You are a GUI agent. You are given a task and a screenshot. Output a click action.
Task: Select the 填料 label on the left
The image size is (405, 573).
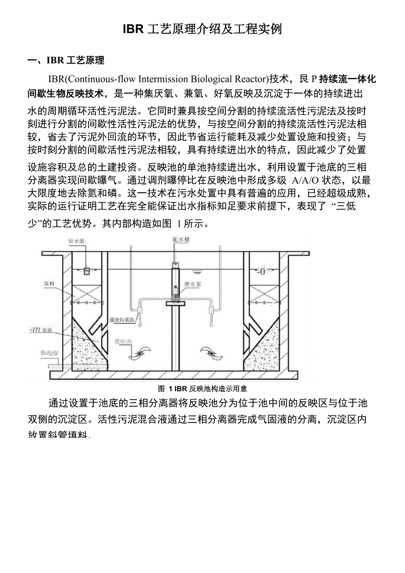pyautogui.click(x=49, y=284)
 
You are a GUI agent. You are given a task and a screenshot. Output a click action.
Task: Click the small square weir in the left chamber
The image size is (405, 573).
pyautogui.click(x=87, y=270)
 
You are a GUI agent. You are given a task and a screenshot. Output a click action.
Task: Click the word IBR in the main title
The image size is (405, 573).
pyautogui.click(x=133, y=29)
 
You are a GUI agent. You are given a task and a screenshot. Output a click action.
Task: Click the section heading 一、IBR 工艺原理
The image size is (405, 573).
pyautogui.click(x=66, y=61)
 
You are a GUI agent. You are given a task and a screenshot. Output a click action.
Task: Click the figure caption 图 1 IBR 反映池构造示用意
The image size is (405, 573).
pyautogui.click(x=202, y=389)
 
